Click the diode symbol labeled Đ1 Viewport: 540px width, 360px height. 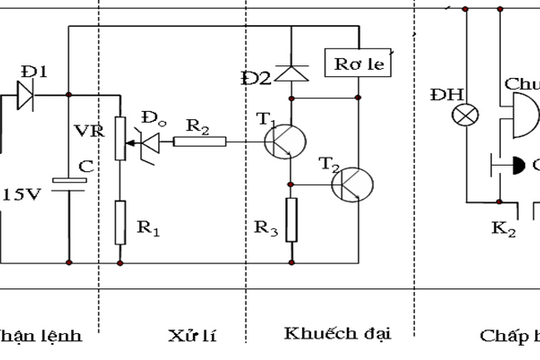pyautogui.click(x=28, y=96)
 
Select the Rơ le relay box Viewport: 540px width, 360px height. pyautogui.click(x=358, y=62)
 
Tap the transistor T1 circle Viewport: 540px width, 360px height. pyautogui.click(x=286, y=142)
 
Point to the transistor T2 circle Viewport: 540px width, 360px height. pyautogui.click(x=353, y=185)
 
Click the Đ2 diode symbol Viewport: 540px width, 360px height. pyautogui.click(x=292, y=72)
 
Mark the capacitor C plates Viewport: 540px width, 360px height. pyautogui.click(x=67, y=182)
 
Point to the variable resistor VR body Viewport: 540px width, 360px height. pyautogui.click(x=120, y=139)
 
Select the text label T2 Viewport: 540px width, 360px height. pyautogui.click(x=330, y=162)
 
